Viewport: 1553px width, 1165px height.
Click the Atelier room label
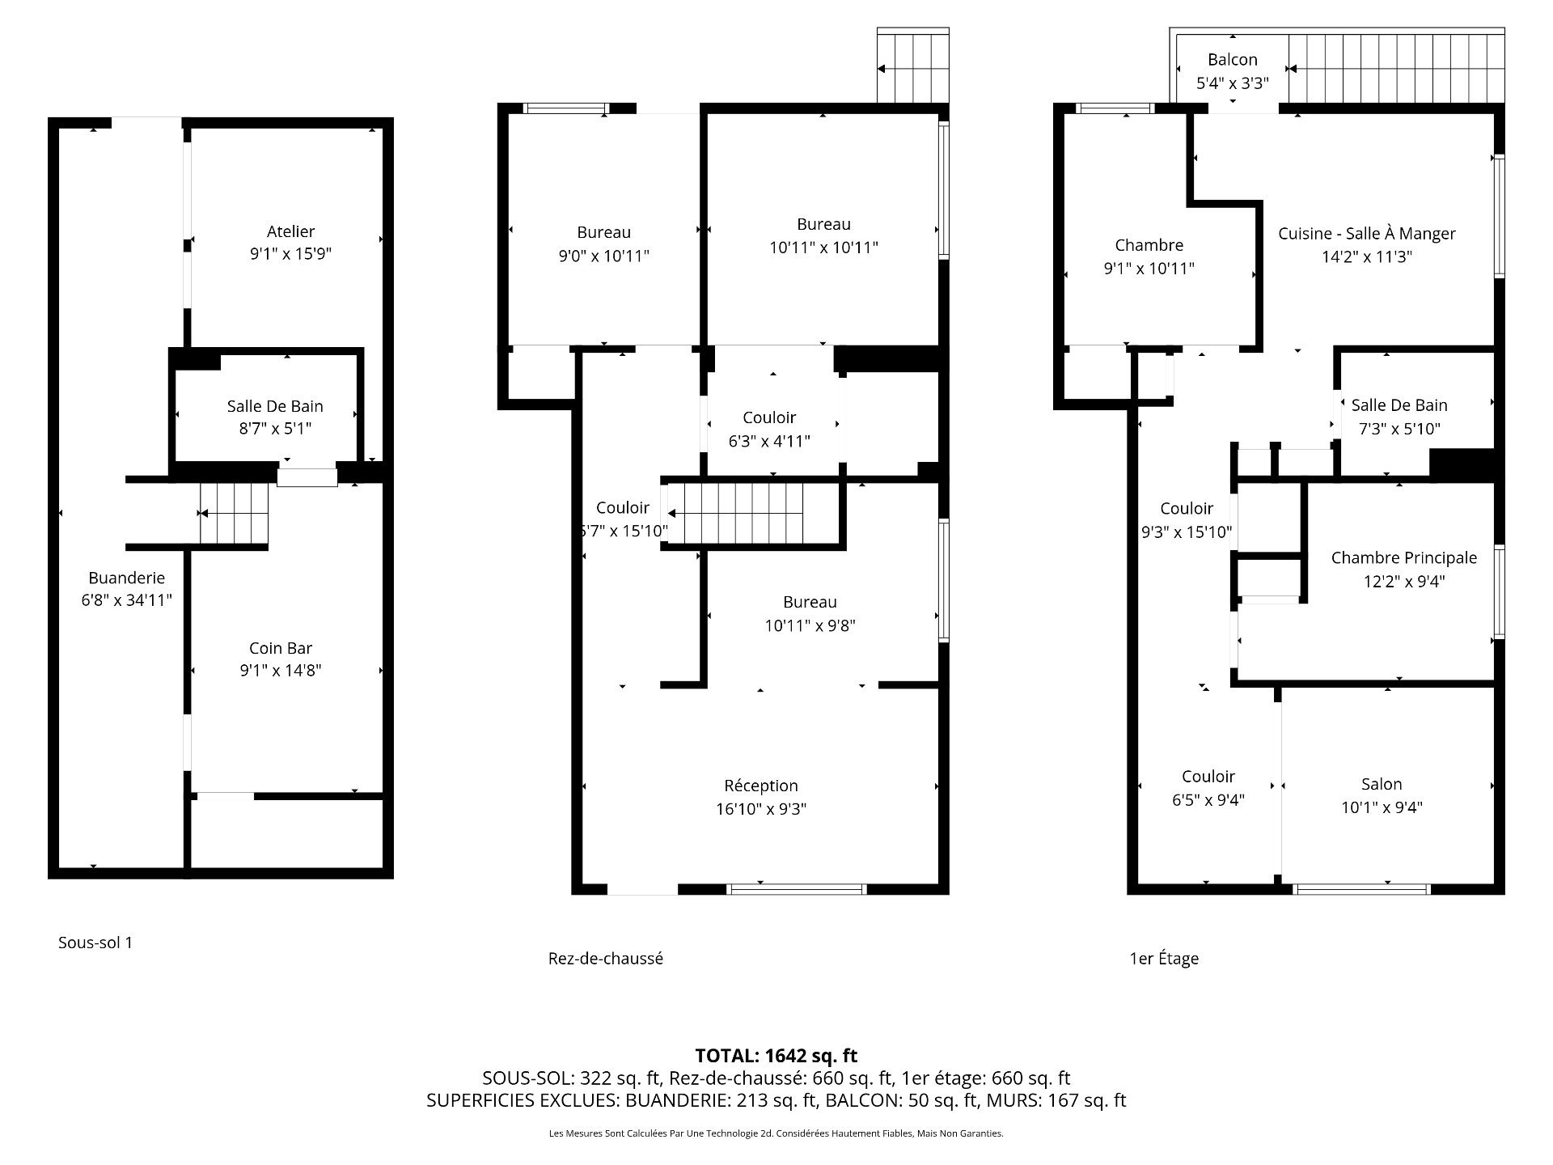[x=290, y=231]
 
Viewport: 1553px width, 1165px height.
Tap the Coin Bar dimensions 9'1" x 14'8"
[x=281, y=670]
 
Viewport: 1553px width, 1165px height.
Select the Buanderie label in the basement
[x=126, y=578]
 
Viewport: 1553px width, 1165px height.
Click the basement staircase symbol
[x=235, y=514]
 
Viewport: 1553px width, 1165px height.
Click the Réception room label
[x=760, y=786]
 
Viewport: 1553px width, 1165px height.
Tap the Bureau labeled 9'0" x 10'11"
[x=603, y=244]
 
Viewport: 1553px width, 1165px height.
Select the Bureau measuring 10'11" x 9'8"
[x=810, y=613]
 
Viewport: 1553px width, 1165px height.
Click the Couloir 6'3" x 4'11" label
[x=769, y=429]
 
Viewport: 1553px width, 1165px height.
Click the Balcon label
[x=1232, y=60]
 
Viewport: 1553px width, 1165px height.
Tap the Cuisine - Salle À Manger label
[x=1366, y=234]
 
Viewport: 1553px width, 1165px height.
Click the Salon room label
[x=1381, y=784]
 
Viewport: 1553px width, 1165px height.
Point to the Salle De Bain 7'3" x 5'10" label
[x=1399, y=405]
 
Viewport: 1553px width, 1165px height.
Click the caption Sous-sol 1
[x=95, y=943]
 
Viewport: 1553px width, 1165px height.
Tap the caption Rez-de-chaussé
[x=605, y=959]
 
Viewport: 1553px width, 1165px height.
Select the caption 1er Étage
[x=1163, y=959]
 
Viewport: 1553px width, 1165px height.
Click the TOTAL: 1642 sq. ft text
[x=776, y=1056]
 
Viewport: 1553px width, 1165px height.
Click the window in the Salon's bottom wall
[x=1362, y=889]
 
